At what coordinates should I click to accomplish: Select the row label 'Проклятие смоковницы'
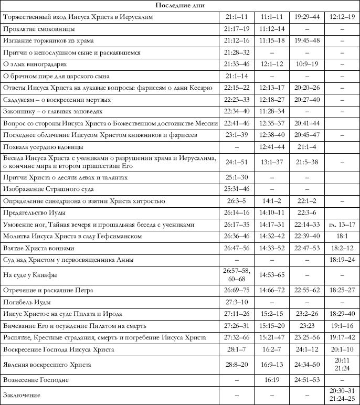click(38, 29)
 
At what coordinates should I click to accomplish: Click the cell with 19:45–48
click(306, 40)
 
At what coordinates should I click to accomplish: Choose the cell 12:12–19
click(342, 17)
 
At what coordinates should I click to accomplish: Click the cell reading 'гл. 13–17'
click(342, 225)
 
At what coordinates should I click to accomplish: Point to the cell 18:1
click(342, 236)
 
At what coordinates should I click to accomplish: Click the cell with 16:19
click(272, 379)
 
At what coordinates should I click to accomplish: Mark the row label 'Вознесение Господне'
click(37, 379)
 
